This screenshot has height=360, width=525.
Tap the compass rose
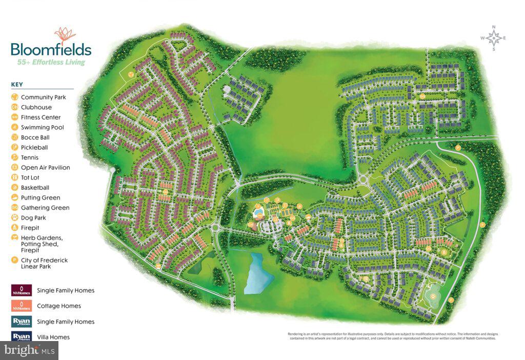493,38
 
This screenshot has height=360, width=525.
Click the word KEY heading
17,85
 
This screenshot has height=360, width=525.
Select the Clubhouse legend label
36,107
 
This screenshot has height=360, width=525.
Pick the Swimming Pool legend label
42,127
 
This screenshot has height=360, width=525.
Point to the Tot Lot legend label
30,177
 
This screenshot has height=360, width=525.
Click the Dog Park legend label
33,218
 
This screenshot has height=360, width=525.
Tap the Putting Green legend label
41,197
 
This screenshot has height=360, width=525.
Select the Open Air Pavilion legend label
45,168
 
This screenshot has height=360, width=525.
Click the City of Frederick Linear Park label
44,263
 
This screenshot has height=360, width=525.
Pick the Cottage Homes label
58,306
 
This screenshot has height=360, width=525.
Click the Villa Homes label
53,337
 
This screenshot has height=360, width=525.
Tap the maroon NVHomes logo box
22,290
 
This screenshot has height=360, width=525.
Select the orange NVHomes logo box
22,306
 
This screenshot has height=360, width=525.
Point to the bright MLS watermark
29,351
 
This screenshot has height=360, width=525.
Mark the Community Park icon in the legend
15,97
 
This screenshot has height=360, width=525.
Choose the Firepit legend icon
15,228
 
